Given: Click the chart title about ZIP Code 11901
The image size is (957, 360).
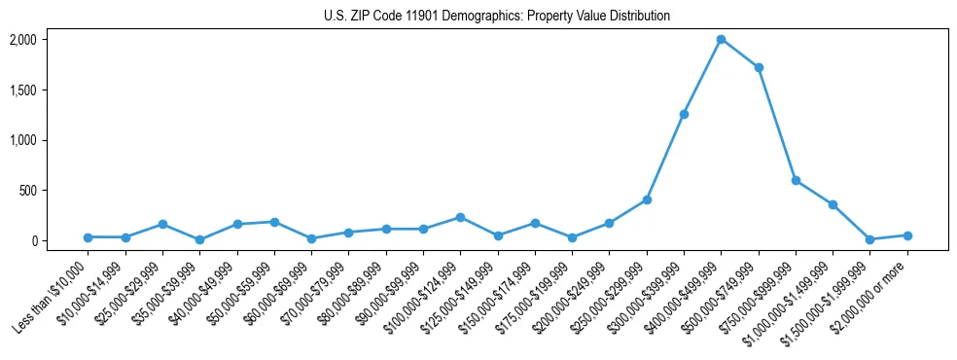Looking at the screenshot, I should click(x=497, y=16).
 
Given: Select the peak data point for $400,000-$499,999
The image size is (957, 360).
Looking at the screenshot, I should click(x=721, y=39).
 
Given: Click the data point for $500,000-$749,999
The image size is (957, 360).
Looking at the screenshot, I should click(x=759, y=67).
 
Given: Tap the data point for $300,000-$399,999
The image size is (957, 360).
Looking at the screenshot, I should click(x=684, y=114).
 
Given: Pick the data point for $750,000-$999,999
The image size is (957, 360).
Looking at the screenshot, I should click(x=796, y=180).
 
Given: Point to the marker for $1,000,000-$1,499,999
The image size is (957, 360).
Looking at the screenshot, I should click(x=833, y=204).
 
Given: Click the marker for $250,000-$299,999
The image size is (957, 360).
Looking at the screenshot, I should click(x=647, y=199).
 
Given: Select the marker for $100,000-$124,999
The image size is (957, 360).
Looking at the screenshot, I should click(x=460, y=217).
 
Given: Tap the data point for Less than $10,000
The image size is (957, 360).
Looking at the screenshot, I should click(x=88, y=236).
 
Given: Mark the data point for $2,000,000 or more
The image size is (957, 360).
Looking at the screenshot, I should click(x=907, y=235).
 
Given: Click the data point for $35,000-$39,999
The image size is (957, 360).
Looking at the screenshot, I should click(x=199, y=239).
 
